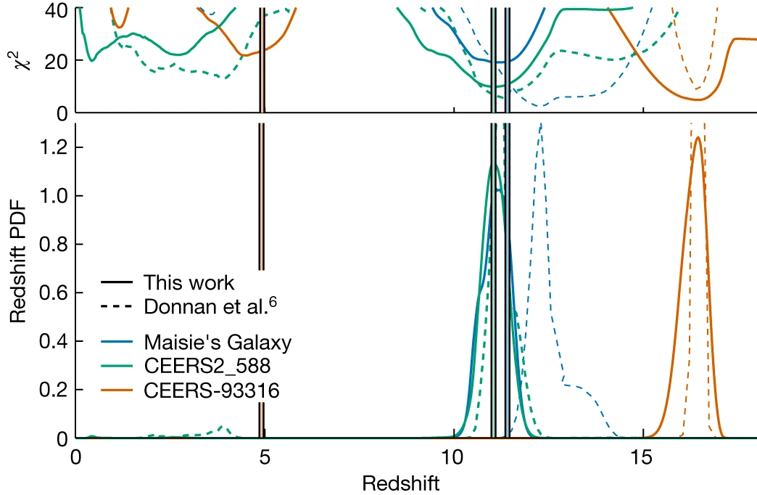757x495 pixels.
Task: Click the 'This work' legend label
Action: (x=189, y=283)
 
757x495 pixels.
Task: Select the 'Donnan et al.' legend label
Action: (x=206, y=306)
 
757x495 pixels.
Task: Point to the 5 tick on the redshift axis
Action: (x=265, y=457)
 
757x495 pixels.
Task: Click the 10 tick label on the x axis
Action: (x=454, y=457)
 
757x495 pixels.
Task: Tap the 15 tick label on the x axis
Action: (x=643, y=457)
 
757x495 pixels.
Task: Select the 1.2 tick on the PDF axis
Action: (x=54, y=147)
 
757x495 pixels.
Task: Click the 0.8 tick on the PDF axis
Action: (x=54, y=244)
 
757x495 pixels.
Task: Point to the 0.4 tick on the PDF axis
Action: (x=54, y=341)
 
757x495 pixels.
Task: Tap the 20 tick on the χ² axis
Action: (x=57, y=62)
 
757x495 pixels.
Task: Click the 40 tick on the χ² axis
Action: (x=57, y=10)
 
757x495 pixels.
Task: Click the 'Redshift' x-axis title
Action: (x=401, y=483)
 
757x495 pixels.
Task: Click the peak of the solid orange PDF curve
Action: (x=698, y=136)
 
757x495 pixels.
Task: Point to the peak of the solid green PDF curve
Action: (x=494, y=165)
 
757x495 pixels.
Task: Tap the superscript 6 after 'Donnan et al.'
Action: (x=273, y=302)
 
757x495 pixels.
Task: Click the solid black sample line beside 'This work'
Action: (x=116, y=282)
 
